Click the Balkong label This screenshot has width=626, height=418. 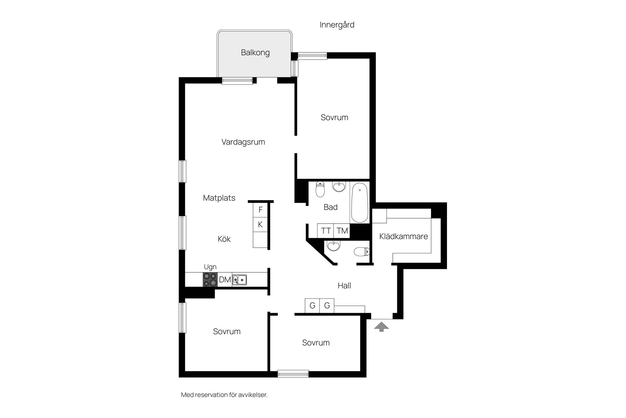tap(255, 53)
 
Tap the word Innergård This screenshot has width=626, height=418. tap(337, 25)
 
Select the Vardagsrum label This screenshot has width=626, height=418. tap(243, 142)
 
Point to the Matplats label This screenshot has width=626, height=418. tap(219, 198)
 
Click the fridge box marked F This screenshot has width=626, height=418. tap(260, 210)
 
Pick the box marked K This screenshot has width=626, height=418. tap(260, 224)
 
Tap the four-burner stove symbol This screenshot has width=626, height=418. tap(210, 280)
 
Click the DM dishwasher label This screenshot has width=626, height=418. tap(225, 280)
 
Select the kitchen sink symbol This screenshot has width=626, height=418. tap(240, 280)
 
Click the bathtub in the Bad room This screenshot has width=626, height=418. tap(360, 202)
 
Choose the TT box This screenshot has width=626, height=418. tap(326, 231)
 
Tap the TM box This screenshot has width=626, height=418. tap(342, 231)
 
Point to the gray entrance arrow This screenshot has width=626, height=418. tap(381, 327)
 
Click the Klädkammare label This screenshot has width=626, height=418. tap(404, 236)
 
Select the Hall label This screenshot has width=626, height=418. tap(344, 286)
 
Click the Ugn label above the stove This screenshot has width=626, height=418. tap(210, 267)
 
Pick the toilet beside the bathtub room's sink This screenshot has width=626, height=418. tap(320, 189)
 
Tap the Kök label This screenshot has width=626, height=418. tap(224, 239)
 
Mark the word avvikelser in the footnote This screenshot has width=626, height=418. tap(253, 395)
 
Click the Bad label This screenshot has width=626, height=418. tap(331, 207)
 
